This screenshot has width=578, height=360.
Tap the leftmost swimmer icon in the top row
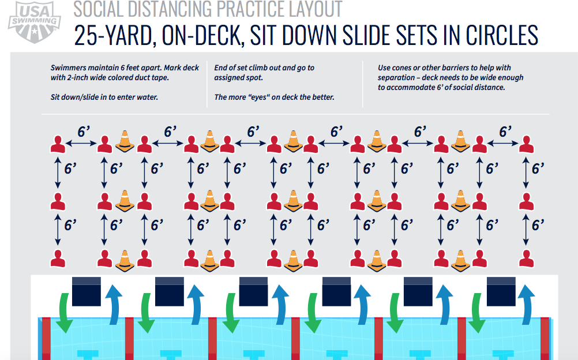(58, 144)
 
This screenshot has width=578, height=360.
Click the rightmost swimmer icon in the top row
(525, 144)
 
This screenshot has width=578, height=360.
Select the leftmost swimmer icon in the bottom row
(58, 258)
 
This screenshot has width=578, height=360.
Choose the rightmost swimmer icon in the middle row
(525, 201)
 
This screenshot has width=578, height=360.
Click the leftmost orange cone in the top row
(125, 141)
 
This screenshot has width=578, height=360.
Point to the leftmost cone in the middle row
(125, 200)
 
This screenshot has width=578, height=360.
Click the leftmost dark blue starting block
(86, 291)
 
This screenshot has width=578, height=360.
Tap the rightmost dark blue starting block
(501, 291)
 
